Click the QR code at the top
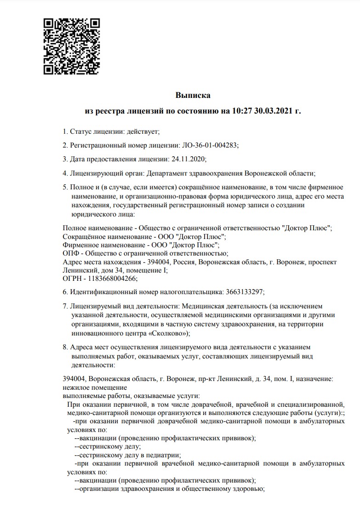[x=72, y=46]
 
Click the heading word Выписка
[x=193, y=96]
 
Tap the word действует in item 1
[x=142, y=132]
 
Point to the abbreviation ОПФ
[x=69, y=253]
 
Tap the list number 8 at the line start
[x=64, y=347]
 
